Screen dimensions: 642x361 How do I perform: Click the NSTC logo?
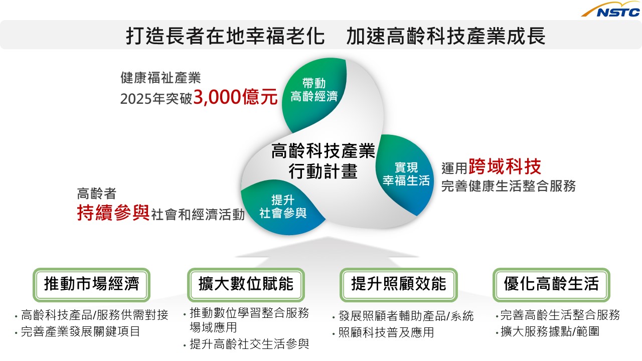tap(611, 10)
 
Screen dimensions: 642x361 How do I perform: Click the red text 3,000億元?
tap(235, 97)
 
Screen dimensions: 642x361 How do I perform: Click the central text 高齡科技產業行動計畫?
tap(323, 161)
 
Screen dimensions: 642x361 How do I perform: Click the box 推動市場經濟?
tap(91, 285)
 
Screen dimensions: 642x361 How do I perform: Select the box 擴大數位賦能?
tap(246, 285)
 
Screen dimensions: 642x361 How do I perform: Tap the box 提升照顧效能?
tap(398, 285)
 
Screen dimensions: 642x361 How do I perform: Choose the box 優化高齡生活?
tap(551, 285)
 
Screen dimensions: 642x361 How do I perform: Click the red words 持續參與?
tap(113, 213)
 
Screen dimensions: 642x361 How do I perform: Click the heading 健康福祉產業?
tap(160, 78)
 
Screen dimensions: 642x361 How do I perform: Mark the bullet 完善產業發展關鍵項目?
tap(80, 331)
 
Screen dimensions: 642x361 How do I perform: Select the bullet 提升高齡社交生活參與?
tap(249, 344)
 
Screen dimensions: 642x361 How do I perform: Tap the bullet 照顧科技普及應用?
tap(386, 332)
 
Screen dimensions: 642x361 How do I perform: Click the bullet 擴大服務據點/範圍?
tap(550, 331)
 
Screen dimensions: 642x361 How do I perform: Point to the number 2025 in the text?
tap(136, 99)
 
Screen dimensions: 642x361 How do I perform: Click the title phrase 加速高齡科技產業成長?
tap(445, 36)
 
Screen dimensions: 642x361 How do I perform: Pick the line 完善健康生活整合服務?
tap(509, 186)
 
